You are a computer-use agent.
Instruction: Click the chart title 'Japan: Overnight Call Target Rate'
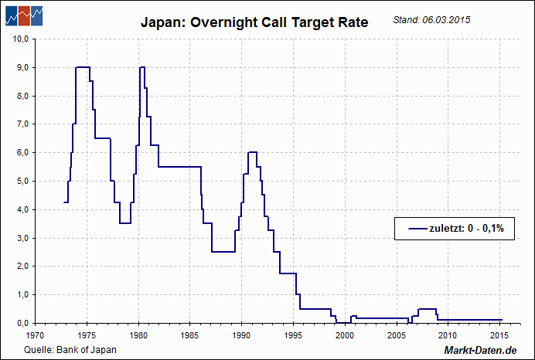click(x=254, y=22)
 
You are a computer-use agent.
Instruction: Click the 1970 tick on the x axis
click(x=35, y=335)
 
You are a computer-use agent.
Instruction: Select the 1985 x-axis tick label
click(x=190, y=335)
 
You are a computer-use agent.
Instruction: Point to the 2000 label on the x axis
click(x=345, y=335)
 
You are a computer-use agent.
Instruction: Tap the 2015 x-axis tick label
click(x=499, y=335)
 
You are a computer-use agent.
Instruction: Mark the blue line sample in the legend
click(x=414, y=229)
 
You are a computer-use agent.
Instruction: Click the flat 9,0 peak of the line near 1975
click(x=83, y=67)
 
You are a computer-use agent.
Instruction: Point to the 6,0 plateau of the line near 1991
click(x=252, y=152)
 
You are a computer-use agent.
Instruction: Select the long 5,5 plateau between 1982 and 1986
click(x=179, y=167)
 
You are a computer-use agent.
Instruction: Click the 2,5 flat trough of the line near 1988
click(x=223, y=252)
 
